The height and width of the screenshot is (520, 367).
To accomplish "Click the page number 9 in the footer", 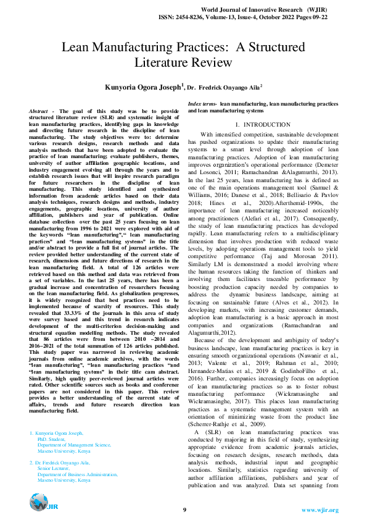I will pos(184,510).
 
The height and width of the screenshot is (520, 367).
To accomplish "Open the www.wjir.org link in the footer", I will pos(320,510).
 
